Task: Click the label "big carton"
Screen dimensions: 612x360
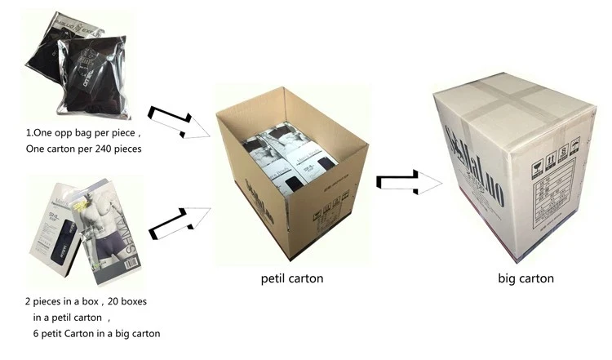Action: pyautogui.click(x=526, y=278)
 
